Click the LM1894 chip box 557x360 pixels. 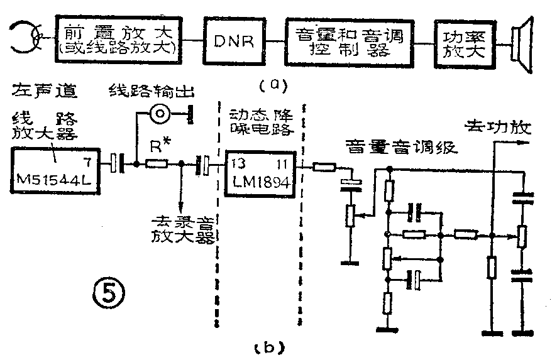click(259, 169)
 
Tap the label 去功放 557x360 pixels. click(497, 128)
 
